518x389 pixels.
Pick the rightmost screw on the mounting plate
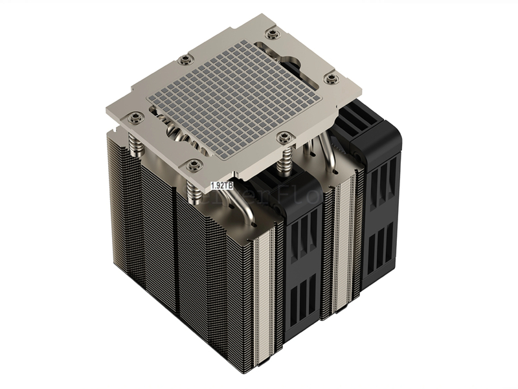click(x=332, y=78)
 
